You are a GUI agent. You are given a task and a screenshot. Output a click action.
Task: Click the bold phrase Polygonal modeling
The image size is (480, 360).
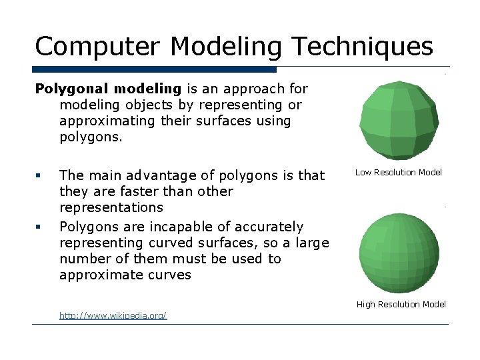108,89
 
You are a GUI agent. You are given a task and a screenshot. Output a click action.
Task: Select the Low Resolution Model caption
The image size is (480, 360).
399,173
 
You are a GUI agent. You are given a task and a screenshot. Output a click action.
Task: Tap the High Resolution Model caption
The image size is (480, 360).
401,305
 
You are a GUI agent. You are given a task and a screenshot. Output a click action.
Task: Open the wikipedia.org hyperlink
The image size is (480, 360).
113,315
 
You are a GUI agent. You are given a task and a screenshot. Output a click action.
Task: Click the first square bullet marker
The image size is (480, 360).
39,176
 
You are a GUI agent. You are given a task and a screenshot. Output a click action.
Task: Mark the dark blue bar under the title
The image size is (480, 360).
155,69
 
